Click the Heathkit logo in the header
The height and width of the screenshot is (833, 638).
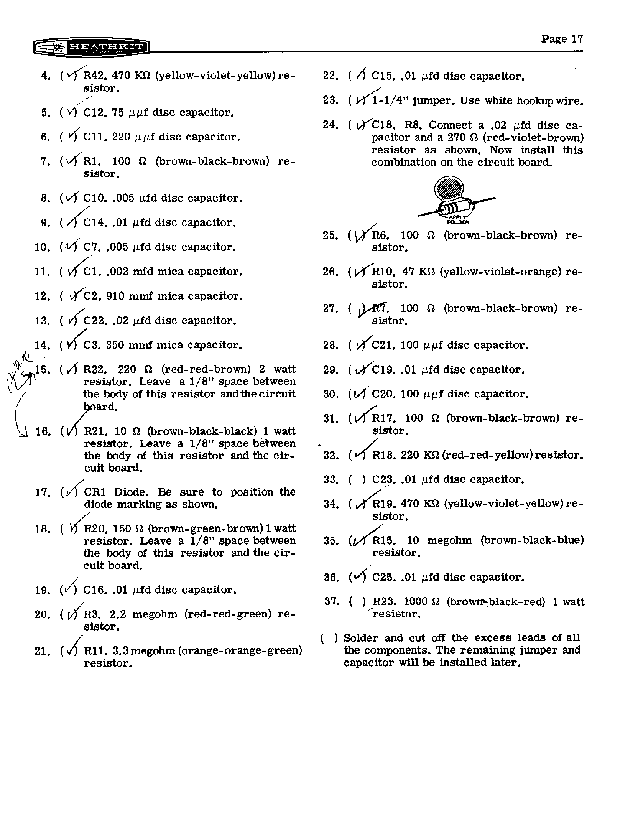[91, 48]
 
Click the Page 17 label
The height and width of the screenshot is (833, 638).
[562, 39]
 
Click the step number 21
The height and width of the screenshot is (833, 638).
[42, 651]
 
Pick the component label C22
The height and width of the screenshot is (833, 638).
[94, 321]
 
